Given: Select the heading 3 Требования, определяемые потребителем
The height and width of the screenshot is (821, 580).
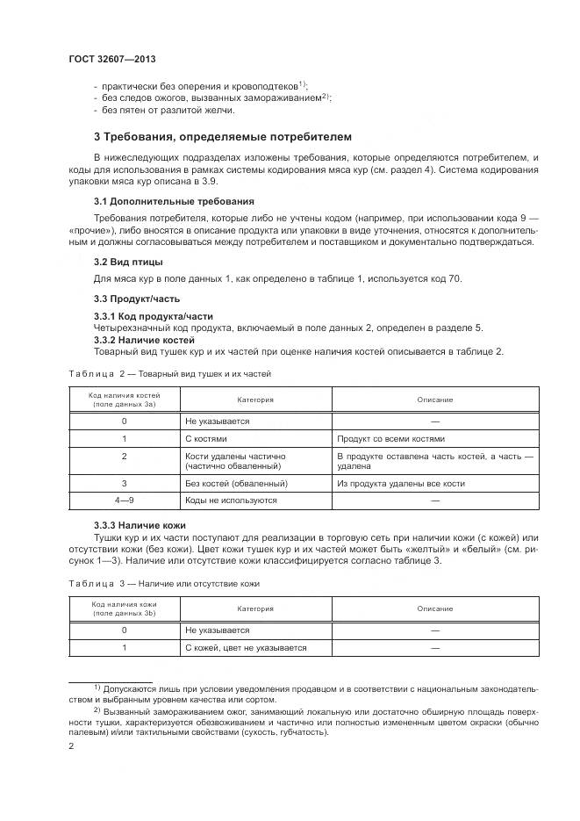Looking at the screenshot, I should tap(222, 137).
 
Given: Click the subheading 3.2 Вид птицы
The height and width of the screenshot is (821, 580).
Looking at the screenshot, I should tap(128, 262).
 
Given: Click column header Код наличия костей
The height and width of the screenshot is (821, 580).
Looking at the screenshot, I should tap(125, 400).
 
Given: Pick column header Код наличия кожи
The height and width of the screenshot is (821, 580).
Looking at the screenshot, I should tap(125, 609).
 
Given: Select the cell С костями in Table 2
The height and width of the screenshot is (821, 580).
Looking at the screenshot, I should tap(206, 438).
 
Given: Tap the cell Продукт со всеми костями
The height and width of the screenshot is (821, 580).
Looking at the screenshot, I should tap(390, 438).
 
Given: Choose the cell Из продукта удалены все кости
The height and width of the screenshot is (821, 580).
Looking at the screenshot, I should tap(400, 483).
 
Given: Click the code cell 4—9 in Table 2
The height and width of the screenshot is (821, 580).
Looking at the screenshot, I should tap(125, 500).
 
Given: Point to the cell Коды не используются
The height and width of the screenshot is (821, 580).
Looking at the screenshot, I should tap(231, 500).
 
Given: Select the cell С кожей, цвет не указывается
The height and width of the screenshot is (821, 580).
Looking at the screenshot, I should tap(246, 647).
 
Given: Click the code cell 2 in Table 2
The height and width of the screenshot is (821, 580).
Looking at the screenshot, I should tap(125, 457).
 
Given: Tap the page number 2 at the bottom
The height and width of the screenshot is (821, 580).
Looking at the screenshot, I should tap(71, 745).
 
